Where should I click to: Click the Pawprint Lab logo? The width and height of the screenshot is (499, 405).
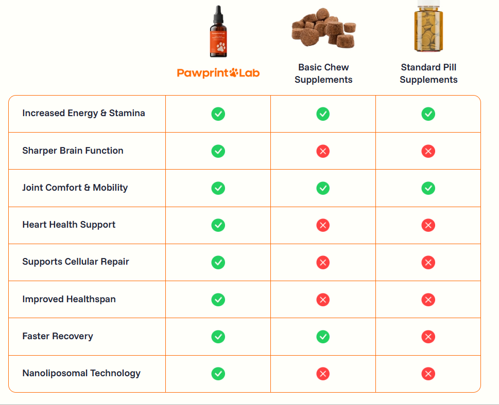pyautogui.click(x=218, y=73)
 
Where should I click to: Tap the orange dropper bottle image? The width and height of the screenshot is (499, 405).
pyautogui.click(x=218, y=32)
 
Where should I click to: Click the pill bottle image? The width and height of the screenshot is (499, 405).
pyautogui.click(x=428, y=28)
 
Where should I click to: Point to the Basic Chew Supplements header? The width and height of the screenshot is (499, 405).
pyautogui.click(x=323, y=73)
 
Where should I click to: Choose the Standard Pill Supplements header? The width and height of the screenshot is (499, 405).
pyautogui.click(x=428, y=73)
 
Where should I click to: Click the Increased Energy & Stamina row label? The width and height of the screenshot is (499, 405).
pyautogui.click(x=83, y=113)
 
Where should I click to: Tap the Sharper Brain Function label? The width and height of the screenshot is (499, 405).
pyautogui.click(x=73, y=151)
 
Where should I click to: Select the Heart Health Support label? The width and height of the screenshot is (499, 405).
pyautogui.click(x=68, y=225)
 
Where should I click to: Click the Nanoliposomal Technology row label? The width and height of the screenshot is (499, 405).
pyautogui.click(x=81, y=373)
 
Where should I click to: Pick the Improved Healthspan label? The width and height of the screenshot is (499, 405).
pyautogui.click(x=68, y=299)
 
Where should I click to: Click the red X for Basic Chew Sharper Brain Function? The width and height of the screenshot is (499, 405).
pyautogui.click(x=323, y=151)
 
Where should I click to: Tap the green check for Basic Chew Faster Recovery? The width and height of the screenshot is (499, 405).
pyautogui.click(x=323, y=337)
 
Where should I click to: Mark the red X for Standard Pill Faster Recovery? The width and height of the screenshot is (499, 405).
pyautogui.click(x=428, y=337)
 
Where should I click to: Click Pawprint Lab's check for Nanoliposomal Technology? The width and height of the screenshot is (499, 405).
pyautogui.click(x=218, y=374)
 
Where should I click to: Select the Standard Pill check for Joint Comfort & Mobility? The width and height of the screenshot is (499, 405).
pyautogui.click(x=428, y=188)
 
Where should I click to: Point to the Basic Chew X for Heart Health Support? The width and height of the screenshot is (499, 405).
pyautogui.click(x=323, y=225)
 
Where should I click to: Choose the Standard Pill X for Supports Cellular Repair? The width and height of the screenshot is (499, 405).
pyautogui.click(x=428, y=262)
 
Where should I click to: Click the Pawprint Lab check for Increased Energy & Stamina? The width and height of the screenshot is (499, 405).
pyautogui.click(x=218, y=114)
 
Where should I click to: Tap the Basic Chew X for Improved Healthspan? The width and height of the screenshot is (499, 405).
pyautogui.click(x=323, y=300)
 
